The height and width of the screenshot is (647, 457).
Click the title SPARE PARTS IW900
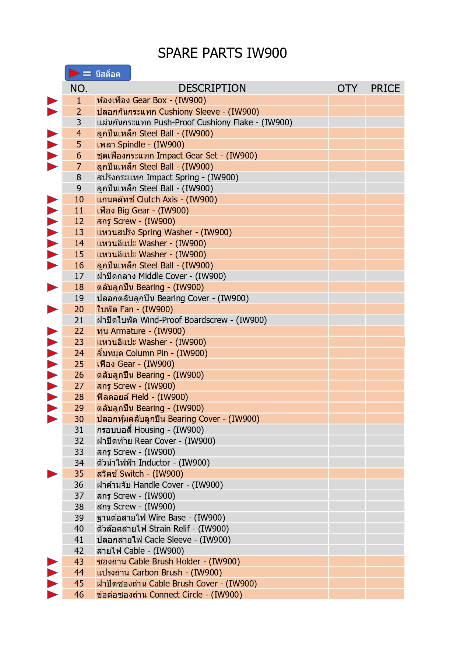222,53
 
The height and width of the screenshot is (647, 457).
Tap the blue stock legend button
98,73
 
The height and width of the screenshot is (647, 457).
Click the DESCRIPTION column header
212,88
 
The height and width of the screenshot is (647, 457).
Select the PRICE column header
385,88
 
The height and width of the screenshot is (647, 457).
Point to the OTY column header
347,88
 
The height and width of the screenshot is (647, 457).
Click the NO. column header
78,88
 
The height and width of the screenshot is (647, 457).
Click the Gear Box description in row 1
151,100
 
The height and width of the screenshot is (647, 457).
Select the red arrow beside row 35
52,474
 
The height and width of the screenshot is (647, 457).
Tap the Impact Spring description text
167,177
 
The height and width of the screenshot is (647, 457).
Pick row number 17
79,276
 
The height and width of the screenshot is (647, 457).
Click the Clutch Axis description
157,199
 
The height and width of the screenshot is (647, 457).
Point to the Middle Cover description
161,276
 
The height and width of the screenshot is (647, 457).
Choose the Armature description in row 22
141,331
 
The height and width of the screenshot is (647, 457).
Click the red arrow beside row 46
52,594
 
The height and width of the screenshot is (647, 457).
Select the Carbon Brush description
159,573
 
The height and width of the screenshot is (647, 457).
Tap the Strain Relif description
162,529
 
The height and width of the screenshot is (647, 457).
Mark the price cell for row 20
384,309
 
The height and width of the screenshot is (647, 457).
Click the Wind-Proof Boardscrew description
182,320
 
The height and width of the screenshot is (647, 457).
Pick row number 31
79,430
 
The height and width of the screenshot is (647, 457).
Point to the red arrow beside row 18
52,287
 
